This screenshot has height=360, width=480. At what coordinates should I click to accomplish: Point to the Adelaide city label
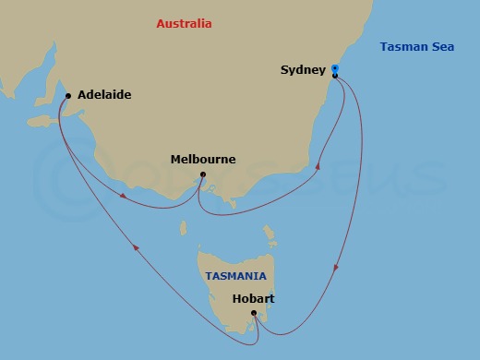point(104,94)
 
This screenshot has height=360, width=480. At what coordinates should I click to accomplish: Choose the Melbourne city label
point(203,160)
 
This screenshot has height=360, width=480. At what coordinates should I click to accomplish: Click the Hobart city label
point(254,298)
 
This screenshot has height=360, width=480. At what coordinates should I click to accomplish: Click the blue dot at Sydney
point(335,68)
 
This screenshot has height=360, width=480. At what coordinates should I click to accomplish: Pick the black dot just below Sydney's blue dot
point(335,76)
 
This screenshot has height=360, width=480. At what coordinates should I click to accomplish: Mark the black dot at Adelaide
point(68,94)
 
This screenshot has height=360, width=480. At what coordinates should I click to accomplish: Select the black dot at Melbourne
point(203,176)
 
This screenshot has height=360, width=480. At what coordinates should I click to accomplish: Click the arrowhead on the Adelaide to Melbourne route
point(125,194)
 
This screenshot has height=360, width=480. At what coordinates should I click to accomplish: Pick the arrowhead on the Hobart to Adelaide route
point(137,246)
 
